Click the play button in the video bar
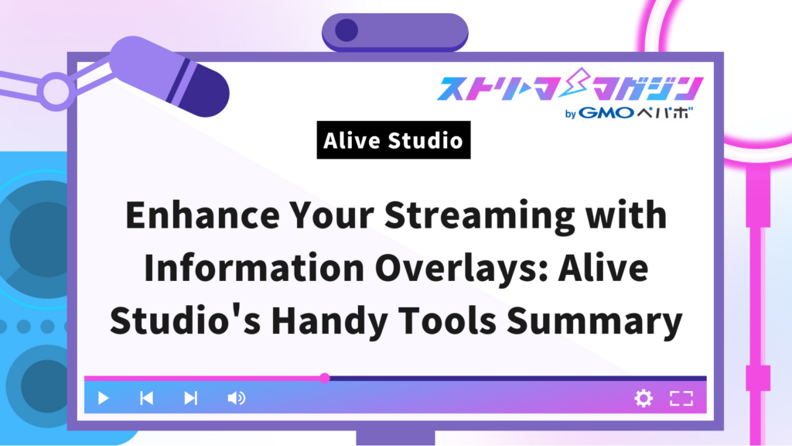(103, 399)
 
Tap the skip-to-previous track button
(146, 399)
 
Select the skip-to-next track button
(190, 399)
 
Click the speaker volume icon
(236, 399)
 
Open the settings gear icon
(643, 399)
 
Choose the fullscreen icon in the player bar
(681, 399)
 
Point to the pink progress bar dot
(325, 378)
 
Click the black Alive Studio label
(393, 141)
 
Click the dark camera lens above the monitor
(346, 30)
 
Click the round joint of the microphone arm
(55, 91)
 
